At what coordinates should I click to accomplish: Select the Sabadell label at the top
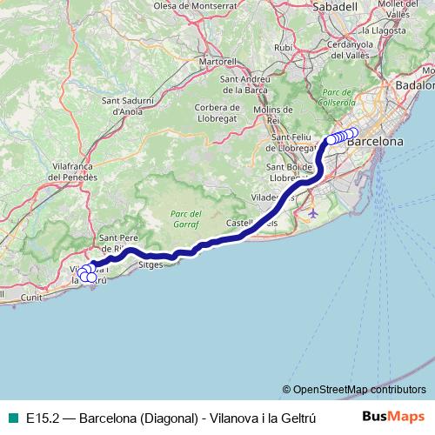335,6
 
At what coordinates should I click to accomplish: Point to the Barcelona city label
375,140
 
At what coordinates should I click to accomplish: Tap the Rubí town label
283,47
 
